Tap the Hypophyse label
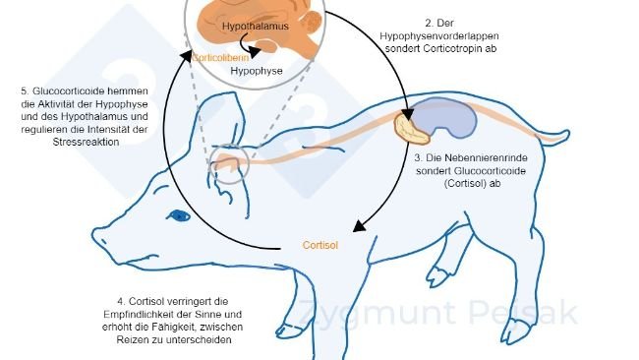[259, 72]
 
